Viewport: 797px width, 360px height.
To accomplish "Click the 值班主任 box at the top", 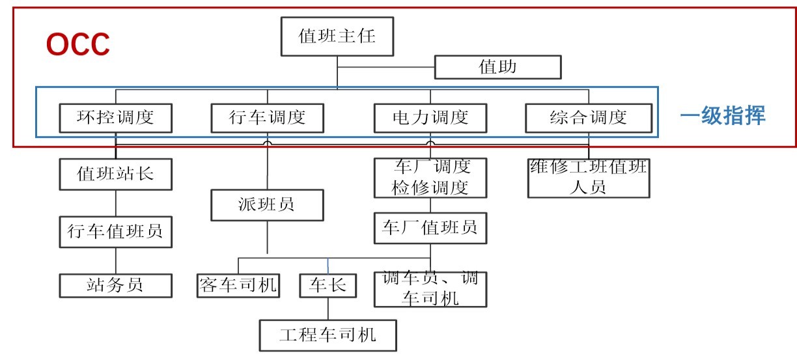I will coord(337,36).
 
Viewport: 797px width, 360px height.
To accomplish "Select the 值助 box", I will coord(497,67).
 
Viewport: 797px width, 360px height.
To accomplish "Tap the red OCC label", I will coord(78,45).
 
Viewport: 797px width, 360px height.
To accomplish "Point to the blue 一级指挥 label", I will coord(723,117).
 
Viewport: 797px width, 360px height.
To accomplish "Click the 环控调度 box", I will coord(116,118).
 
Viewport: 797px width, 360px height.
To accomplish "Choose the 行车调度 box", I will coord(267,118).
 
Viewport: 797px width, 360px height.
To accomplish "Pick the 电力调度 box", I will coord(430,118).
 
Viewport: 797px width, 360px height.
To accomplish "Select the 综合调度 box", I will coord(588,118).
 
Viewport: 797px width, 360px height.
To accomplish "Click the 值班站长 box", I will coord(115,174).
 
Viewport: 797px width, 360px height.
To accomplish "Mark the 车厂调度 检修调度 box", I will coord(430,178).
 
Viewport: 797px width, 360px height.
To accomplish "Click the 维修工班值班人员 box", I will coord(589,178).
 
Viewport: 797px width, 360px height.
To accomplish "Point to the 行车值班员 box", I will coord(115,231).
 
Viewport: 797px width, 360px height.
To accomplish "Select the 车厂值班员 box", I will coord(430,227).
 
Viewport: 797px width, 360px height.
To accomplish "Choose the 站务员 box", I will coord(115,285).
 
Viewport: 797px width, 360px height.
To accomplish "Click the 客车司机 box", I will coord(238,285).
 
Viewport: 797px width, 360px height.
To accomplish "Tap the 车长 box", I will coord(328,285).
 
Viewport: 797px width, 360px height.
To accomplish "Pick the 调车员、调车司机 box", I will coord(430,288).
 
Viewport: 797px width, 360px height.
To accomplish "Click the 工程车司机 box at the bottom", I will coord(328,335).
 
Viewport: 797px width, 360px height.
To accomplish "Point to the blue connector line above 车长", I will coord(327,266).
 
